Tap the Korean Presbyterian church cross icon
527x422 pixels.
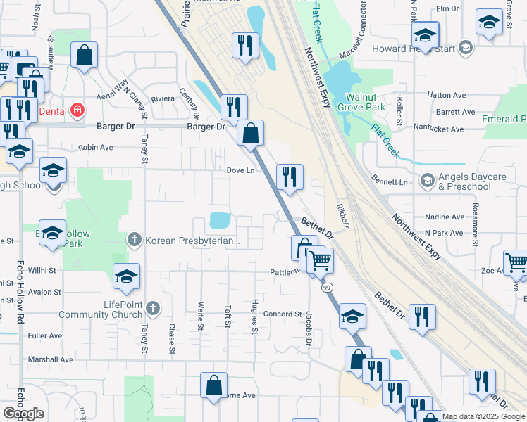coord(134,241)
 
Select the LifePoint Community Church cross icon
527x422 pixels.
coord(153,308)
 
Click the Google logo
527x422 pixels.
coord(24,414)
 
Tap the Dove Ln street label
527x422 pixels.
coord(240,170)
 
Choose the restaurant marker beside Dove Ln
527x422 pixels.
coord(290,177)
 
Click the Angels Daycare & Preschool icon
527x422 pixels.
coord(427,181)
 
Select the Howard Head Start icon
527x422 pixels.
coord(465,48)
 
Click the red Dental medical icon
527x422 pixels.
coord(77,110)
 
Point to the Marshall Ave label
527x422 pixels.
coord(50,359)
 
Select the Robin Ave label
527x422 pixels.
coord(96,148)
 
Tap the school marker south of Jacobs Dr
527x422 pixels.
coord(352,316)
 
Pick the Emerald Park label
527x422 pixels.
coord(503,120)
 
